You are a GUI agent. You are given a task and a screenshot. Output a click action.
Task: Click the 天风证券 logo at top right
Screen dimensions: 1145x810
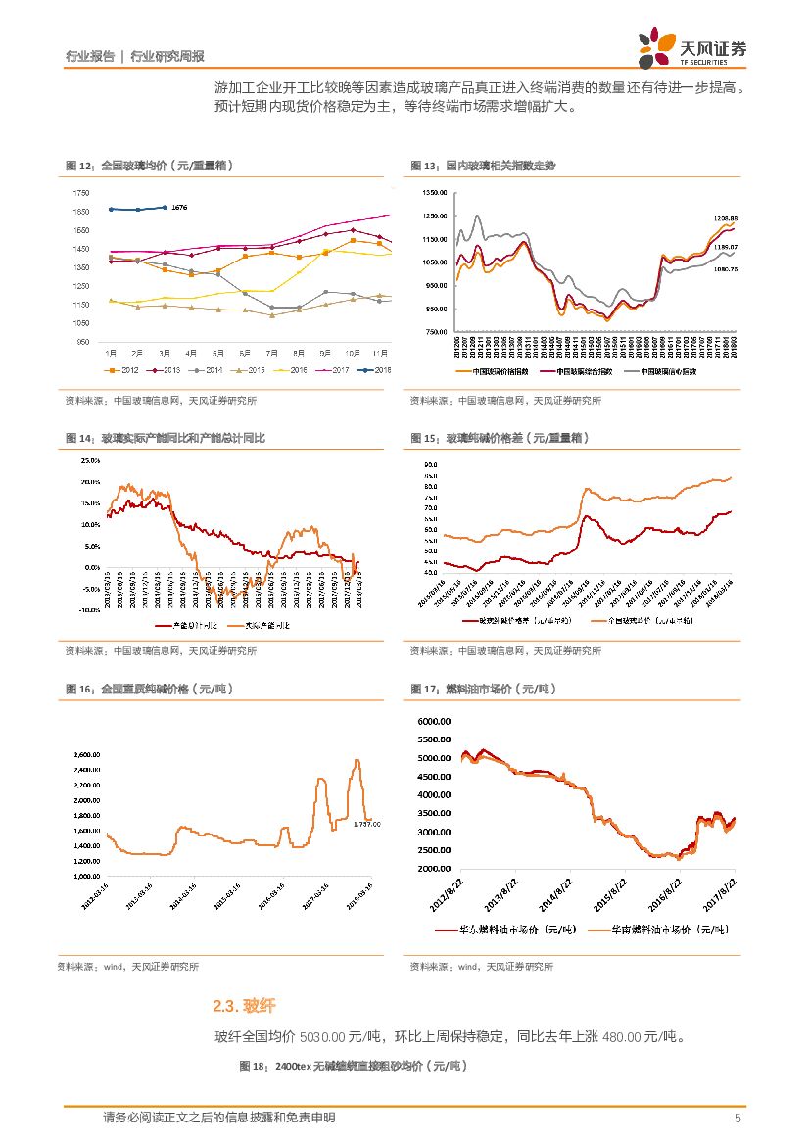coord(693,46)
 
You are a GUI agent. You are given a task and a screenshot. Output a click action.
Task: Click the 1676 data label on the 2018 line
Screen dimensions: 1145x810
coord(178,208)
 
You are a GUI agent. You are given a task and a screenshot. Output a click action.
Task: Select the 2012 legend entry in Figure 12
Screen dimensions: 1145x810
coord(122,369)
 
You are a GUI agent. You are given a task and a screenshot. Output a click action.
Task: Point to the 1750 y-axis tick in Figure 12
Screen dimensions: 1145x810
coord(80,193)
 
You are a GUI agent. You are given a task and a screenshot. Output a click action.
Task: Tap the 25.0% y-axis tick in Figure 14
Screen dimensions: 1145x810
coord(90,459)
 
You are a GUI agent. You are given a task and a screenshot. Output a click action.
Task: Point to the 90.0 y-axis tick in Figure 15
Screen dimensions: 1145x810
coord(430,464)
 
